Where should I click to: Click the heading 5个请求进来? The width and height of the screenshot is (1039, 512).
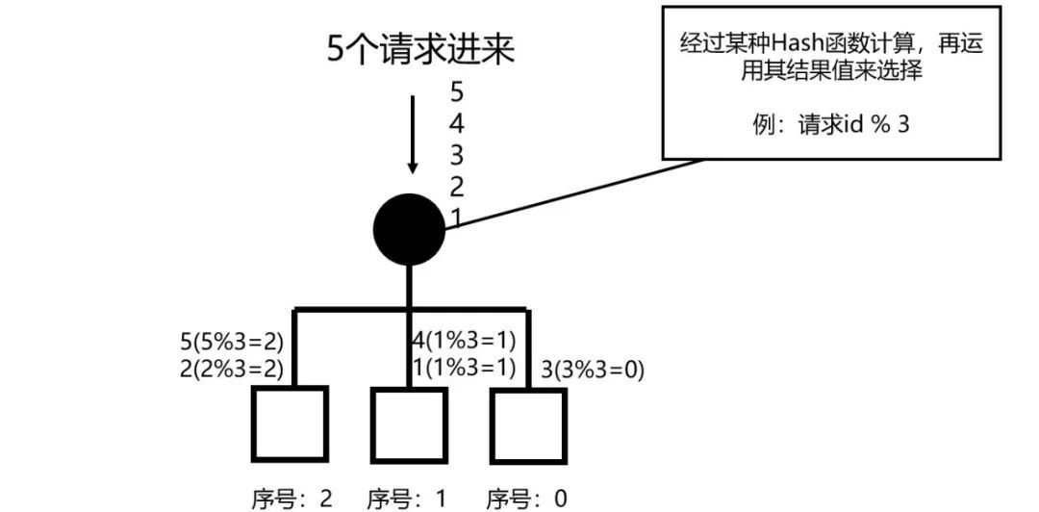pyautogui.click(x=420, y=48)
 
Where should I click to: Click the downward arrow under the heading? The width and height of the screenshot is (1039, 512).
pyautogui.click(x=413, y=135)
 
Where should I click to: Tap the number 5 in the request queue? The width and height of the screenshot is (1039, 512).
pyautogui.click(x=457, y=92)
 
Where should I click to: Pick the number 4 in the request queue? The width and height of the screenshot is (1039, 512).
pyautogui.click(x=457, y=124)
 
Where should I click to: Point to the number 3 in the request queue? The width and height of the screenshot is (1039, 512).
pyautogui.click(x=457, y=155)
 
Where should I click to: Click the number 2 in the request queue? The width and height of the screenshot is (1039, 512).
pyautogui.click(x=457, y=186)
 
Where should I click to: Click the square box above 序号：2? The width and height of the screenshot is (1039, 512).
pyautogui.click(x=289, y=423)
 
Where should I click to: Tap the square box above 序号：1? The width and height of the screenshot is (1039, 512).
pyautogui.click(x=409, y=423)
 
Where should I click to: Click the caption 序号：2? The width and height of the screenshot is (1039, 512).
pyautogui.click(x=292, y=498)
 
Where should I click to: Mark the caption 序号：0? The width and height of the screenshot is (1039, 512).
pyautogui.click(x=526, y=498)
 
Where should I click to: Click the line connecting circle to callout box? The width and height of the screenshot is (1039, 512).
pyautogui.click(x=577, y=192)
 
